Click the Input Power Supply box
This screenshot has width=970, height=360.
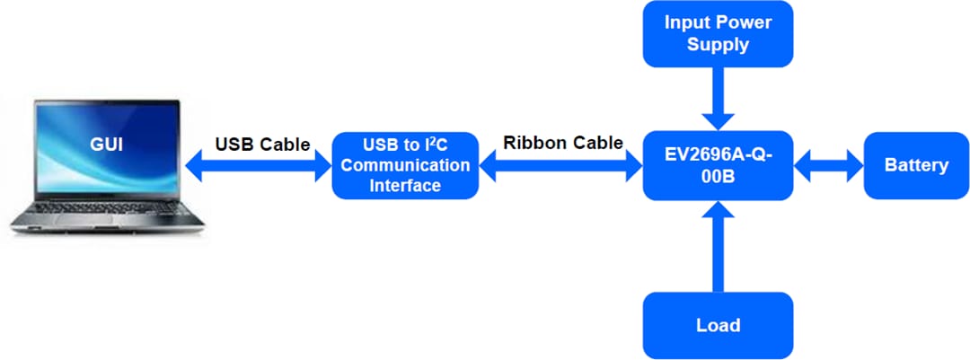click(718, 33)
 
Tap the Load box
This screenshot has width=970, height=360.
click(718, 325)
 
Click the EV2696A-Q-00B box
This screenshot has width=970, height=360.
click(718, 165)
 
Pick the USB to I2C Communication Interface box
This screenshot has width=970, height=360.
click(405, 165)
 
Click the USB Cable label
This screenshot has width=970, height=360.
click(262, 144)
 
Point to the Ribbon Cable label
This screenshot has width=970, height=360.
click(562, 143)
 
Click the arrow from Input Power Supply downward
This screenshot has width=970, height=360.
click(718, 98)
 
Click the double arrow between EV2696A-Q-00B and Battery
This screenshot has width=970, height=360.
click(828, 165)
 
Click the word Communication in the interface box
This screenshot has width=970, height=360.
click(405, 165)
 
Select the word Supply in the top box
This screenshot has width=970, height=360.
click(718, 44)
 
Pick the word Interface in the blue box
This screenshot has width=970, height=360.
click(405, 186)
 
